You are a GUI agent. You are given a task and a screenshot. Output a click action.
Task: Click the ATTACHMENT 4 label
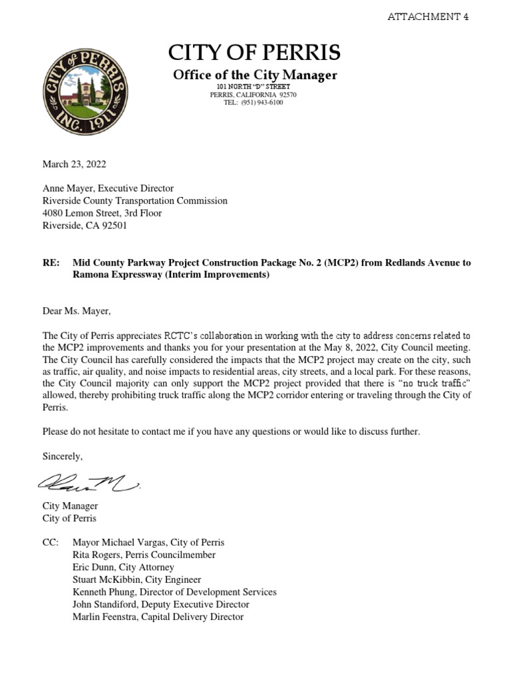428,17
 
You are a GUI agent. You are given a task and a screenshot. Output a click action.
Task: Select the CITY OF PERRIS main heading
255,52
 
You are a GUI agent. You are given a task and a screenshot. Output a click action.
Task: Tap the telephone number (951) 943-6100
262,103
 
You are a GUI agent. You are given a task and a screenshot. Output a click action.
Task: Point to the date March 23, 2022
75,164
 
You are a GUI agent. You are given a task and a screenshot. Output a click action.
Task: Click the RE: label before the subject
51,262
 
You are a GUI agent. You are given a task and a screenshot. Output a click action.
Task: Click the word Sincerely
63,456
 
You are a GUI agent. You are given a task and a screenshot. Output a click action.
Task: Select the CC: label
51,542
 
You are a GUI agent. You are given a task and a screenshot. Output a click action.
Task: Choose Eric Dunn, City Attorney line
123,567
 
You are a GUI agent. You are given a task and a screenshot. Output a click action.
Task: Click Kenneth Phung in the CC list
102,592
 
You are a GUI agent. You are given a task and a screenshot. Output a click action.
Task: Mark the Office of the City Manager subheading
255,75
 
